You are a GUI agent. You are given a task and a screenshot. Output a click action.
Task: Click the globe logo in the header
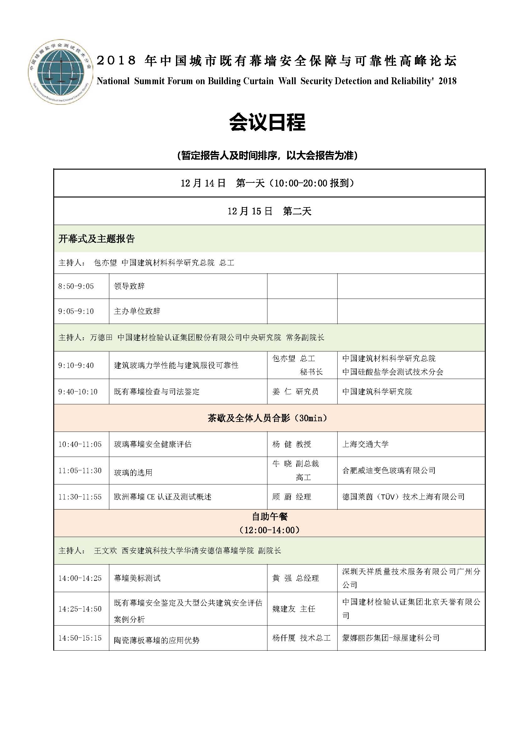point(60,72)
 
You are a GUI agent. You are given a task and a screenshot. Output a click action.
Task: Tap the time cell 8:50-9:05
point(76,286)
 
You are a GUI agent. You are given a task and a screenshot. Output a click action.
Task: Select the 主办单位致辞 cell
point(137,311)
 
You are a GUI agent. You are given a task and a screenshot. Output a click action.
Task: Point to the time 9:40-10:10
point(78,392)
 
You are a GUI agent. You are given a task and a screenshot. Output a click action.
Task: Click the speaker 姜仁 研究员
point(295,392)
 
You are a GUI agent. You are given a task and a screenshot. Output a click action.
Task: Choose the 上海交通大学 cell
point(365,444)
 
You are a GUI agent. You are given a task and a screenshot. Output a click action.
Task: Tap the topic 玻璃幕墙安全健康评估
point(153,444)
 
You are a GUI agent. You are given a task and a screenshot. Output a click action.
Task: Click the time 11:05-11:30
point(80,471)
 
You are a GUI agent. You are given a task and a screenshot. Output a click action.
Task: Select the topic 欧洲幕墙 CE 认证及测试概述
point(163,497)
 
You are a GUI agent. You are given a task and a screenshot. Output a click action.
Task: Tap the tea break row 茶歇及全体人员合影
point(267,418)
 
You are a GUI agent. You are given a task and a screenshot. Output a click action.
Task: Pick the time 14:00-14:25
point(80,578)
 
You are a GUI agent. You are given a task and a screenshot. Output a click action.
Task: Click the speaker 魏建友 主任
point(294,609)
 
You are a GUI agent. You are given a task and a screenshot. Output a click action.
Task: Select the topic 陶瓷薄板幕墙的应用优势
point(157,640)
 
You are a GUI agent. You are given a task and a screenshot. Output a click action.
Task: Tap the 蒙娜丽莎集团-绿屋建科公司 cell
point(391,638)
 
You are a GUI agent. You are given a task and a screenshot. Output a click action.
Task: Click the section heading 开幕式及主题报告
point(97,239)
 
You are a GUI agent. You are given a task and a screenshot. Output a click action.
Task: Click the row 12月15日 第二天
point(269,211)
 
